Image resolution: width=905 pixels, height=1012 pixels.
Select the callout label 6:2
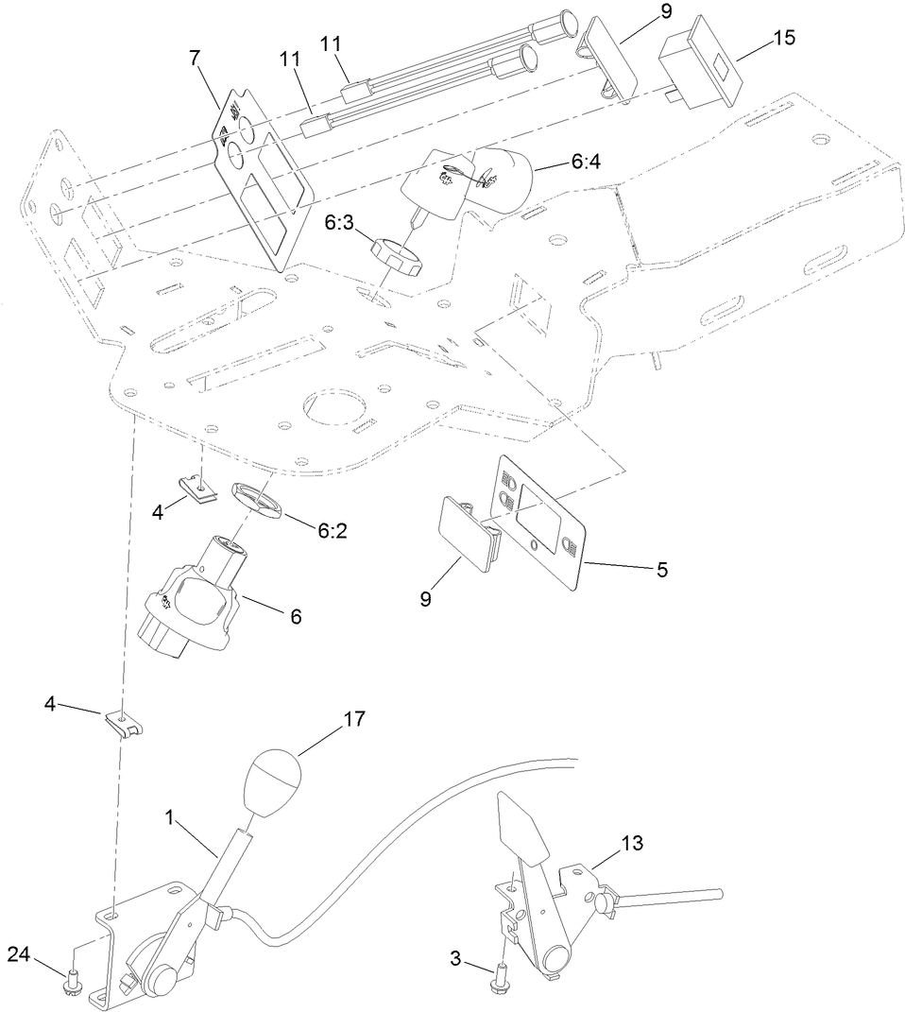333,532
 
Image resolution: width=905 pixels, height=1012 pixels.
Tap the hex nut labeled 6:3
396,253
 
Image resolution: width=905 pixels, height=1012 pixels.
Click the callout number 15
783,39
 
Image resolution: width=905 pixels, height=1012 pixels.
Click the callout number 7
195,58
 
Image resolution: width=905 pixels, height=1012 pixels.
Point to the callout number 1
170,815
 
